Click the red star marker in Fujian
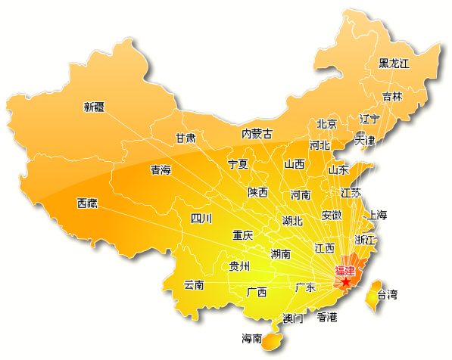[346, 282]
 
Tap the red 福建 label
[344, 271]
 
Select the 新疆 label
[94, 107]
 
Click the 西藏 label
[87, 203]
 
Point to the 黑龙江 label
[394, 64]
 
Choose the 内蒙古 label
[257, 134]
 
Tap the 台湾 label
[387, 294]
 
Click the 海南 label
[252, 338]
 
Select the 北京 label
[326, 124]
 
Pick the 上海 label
[376, 216]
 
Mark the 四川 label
[201, 219]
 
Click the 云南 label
[194, 285]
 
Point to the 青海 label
[161, 170]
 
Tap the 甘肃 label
[185, 138]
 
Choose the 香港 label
[327, 317]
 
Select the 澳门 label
[292, 318]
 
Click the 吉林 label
[392, 97]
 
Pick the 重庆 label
[243, 235]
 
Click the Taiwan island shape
[372, 295]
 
